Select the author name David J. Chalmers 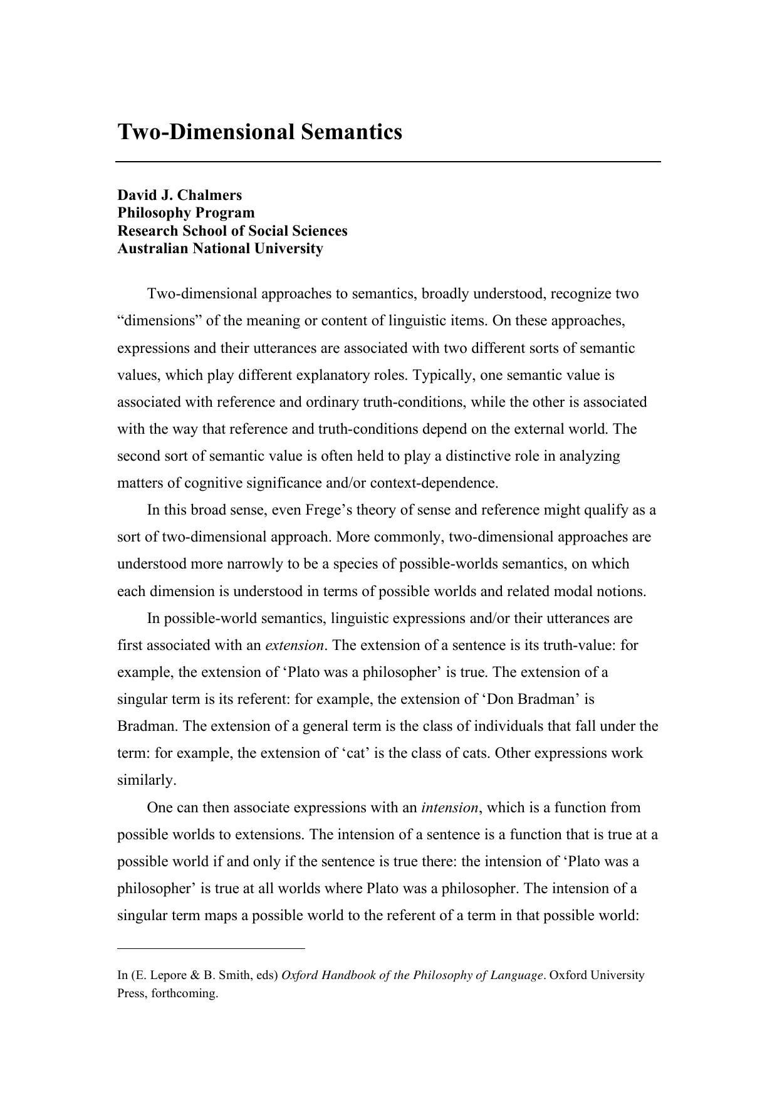click(x=179, y=195)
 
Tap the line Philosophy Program click(x=185, y=212)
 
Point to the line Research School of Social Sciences click(x=232, y=231)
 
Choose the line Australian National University click(x=220, y=248)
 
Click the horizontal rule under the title click(x=388, y=162)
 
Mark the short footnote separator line click(x=211, y=948)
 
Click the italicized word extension click(x=295, y=645)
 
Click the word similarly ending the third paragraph click(x=147, y=780)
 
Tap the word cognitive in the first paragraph click(x=212, y=483)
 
